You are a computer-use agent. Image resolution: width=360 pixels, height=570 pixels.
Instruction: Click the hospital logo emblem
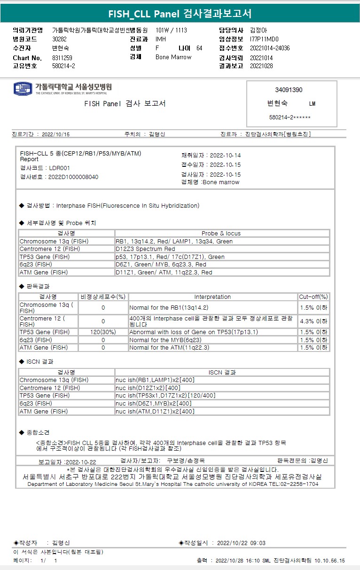23,88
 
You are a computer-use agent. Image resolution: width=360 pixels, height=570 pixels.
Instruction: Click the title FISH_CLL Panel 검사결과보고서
180,14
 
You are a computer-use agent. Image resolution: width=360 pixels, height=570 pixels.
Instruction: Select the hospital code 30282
60,39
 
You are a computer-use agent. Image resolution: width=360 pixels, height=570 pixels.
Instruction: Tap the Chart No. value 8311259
62,58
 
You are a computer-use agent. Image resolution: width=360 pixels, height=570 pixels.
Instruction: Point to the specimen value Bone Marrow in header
173,57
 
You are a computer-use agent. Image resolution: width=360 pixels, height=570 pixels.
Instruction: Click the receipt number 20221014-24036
270,48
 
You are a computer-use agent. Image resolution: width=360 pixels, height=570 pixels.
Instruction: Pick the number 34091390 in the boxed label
289,90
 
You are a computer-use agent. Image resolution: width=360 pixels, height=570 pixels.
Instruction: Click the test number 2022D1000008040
73,177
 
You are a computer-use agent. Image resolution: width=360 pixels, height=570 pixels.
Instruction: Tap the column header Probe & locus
221,234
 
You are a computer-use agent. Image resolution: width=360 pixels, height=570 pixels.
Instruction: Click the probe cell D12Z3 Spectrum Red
145,249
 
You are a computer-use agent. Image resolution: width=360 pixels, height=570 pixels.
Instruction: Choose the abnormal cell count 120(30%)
103,332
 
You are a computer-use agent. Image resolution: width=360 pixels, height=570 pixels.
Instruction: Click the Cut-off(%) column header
313,297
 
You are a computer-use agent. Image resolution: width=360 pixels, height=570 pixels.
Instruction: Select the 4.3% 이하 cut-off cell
313,321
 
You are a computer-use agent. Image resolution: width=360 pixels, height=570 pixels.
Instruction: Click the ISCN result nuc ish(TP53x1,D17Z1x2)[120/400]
166,396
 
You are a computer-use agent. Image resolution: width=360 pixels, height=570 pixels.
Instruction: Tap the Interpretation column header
212,297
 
